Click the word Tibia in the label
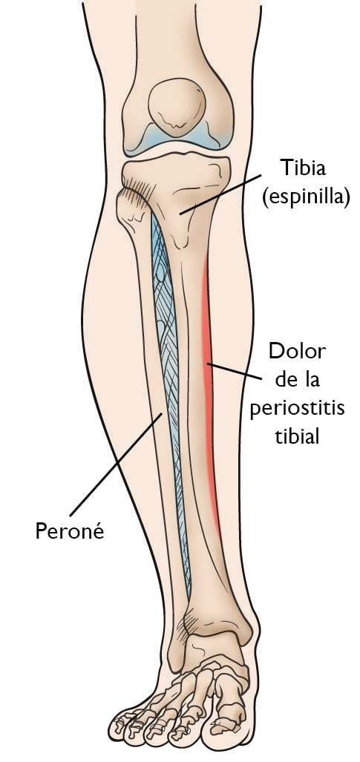tap(303, 168)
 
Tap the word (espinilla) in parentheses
tap(306, 199)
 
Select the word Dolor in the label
tap(297, 352)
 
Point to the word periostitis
tap(297, 409)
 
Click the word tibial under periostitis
tap(297, 436)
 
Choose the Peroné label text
tap(70, 531)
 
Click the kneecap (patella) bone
tap(177, 108)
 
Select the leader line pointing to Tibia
tap(220, 194)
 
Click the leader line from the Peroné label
tap(116, 465)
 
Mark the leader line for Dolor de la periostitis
tap(235, 371)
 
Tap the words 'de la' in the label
tap(297, 380)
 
